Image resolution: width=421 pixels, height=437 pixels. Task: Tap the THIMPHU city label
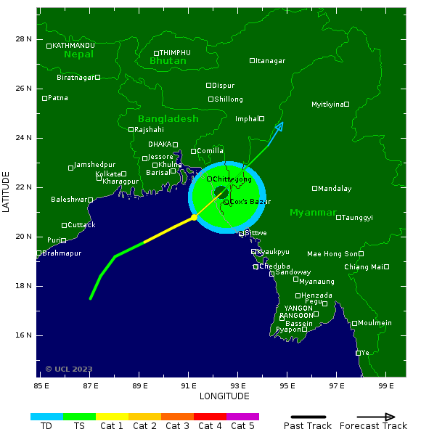[175, 53]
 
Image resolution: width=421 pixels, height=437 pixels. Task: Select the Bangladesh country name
[168, 118]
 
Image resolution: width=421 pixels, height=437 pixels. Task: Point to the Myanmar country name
[313, 213]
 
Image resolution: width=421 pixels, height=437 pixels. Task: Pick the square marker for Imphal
[261, 118]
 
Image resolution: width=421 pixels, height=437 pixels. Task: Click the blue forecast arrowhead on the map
[279, 127]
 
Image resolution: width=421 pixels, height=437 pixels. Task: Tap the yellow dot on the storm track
[194, 217]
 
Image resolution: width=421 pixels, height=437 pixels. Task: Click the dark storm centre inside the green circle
[221, 192]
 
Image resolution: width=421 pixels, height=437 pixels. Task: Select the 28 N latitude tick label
[24, 39]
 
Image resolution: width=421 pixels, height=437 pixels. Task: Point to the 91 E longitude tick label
[189, 385]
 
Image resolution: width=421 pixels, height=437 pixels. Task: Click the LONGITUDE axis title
[224, 396]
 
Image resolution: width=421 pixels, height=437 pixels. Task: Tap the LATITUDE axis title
[7, 192]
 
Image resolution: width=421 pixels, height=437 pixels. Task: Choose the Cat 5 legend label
[242, 426]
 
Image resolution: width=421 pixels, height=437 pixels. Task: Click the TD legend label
[46, 426]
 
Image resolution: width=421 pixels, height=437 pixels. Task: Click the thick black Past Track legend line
[308, 417]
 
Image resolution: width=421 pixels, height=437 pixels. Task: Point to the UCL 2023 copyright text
[69, 369]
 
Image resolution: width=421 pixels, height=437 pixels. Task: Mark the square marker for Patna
[45, 98]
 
